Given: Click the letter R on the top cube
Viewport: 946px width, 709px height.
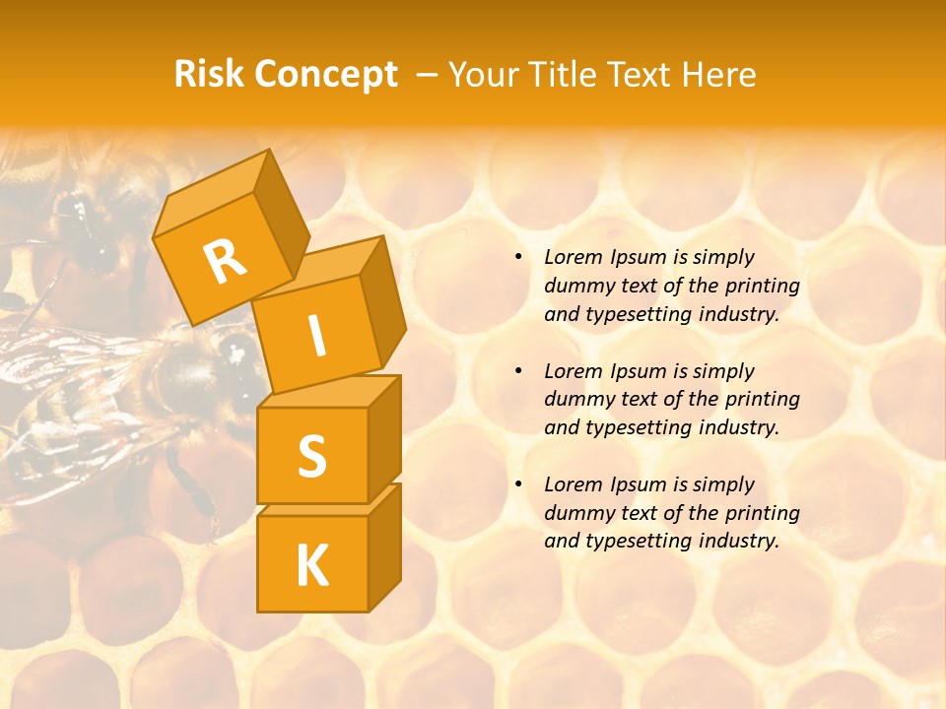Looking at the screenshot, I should pyautogui.click(x=226, y=261).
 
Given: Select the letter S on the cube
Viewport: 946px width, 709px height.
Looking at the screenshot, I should pyautogui.click(x=311, y=455).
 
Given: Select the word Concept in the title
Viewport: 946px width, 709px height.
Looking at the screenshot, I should pyautogui.click(x=325, y=74).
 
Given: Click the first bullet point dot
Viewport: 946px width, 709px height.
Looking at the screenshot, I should pyautogui.click(x=518, y=257).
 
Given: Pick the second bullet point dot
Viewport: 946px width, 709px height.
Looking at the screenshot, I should pyautogui.click(x=518, y=371).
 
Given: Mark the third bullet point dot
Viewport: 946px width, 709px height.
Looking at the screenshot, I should pyautogui.click(x=518, y=484).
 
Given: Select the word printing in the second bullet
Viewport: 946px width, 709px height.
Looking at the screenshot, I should pyautogui.click(x=762, y=400).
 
